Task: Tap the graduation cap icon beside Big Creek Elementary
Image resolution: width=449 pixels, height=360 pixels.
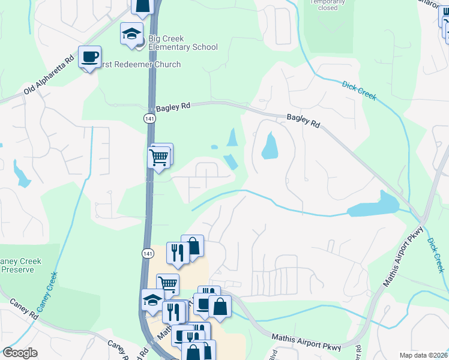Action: pyautogui.click(x=131, y=34)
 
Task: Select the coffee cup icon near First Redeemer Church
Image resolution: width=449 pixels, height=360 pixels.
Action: pyautogui.click(x=89, y=57)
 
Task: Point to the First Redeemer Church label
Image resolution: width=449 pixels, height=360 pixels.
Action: pyautogui.click(x=142, y=64)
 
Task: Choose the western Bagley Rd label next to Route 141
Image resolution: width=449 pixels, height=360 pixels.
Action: pyautogui.click(x=173, y=106)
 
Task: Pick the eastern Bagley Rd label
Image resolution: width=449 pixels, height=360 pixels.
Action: pyautogui.click(x=303, y=120)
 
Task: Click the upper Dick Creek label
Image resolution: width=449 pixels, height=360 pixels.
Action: pyautogui.click(x=359, y=91)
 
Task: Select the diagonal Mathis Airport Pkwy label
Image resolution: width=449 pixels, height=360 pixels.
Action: pyautogui.click(x=405, y=250)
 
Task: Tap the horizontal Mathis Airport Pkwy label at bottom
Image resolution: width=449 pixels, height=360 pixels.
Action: pyautogui.click(x=307, y=343)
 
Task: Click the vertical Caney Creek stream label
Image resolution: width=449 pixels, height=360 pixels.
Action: pyautogui.click(x=47, y=292)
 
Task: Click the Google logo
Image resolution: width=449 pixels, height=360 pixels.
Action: pyautogui.click(x=20, y=353)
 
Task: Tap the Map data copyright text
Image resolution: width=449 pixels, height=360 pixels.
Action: pyautogui.click(x=418, y=355)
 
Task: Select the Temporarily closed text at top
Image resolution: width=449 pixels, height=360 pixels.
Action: pyautogui.click(x=328, y=5)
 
